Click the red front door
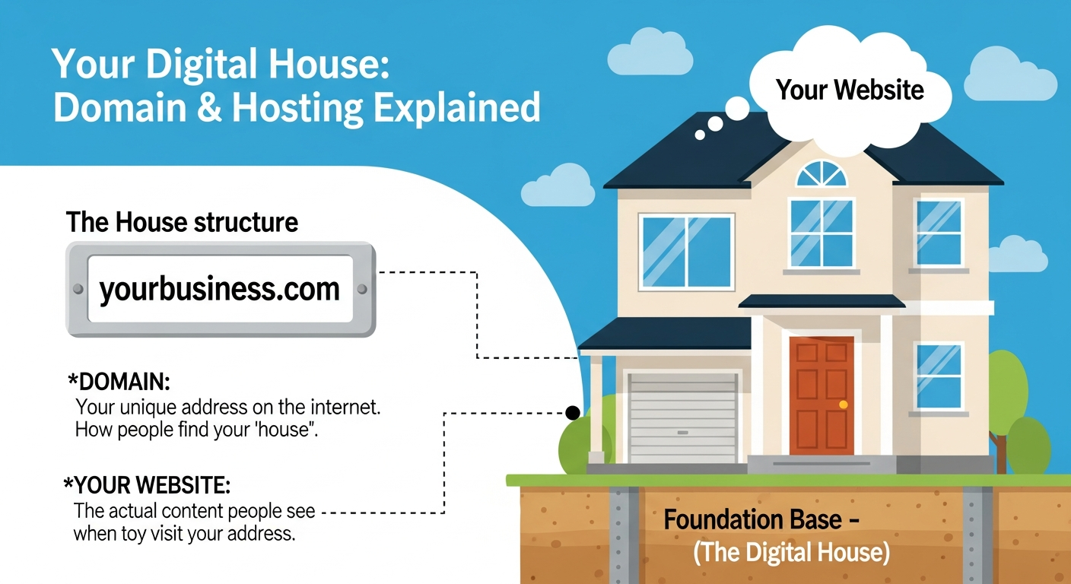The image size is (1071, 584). click(x=822, y=395)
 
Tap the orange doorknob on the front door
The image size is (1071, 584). click(x=843, y=405)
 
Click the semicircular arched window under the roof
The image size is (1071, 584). click(x=822, y=174)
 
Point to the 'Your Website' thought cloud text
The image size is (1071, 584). click(x=850, y=90)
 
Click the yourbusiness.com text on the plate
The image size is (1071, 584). click(x=219, y=289)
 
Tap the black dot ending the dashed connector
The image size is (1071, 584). click(x=572, y=413)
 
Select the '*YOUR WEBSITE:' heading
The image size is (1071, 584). click(x=148, y=484)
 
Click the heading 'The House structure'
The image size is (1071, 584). click(x=182, y=223)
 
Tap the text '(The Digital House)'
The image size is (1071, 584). click(x=791, y=553)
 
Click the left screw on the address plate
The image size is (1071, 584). click(x=77, y=289)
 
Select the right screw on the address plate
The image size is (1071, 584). click(x=362, y=289)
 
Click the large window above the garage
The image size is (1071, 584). click(x=686, y=252)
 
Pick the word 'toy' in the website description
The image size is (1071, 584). click(x=128, y=533)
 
